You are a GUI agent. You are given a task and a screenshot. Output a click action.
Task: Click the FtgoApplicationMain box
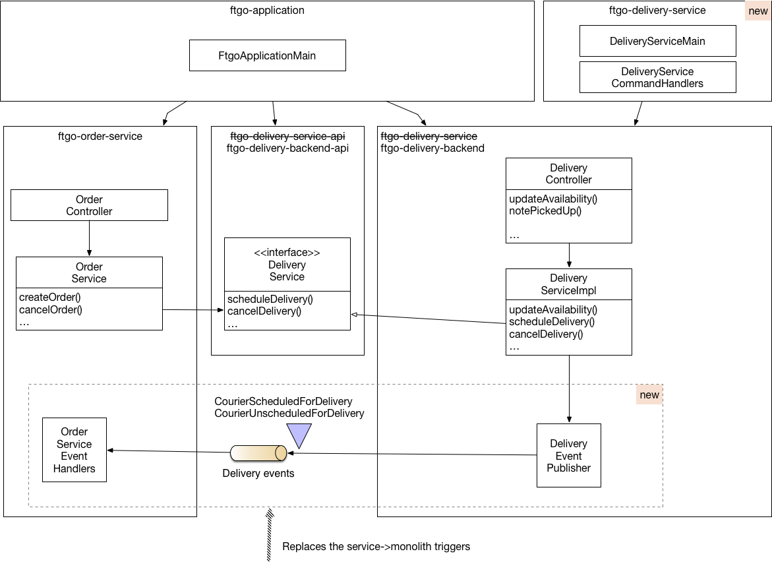268,55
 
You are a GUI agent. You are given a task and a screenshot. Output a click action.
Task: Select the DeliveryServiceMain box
658,42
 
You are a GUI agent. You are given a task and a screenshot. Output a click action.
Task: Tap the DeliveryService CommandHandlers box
658,77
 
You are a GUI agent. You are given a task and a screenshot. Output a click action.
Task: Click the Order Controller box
89,205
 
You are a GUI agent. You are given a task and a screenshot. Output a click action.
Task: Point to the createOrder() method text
49,297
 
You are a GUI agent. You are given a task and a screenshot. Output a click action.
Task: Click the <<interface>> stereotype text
287,253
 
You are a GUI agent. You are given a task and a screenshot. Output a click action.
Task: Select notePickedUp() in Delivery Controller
545,211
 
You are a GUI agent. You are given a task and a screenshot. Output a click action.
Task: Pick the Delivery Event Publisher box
569,456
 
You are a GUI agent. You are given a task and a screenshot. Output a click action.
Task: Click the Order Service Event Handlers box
74,450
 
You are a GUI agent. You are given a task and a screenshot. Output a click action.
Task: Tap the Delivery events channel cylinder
258,453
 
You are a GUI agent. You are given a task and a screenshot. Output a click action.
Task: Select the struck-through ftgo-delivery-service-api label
287,136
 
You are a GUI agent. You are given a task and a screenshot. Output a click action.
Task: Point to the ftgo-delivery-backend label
432,148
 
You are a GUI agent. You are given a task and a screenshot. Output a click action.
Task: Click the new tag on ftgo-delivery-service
758,11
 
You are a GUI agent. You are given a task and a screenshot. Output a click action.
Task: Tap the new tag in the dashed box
649,394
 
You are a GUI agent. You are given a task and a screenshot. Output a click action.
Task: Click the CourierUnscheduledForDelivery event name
289,413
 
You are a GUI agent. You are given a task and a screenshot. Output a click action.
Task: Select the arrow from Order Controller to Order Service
89,239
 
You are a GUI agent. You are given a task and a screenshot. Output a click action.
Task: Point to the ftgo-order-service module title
100,137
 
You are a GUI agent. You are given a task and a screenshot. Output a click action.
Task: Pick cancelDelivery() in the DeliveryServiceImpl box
546,334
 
